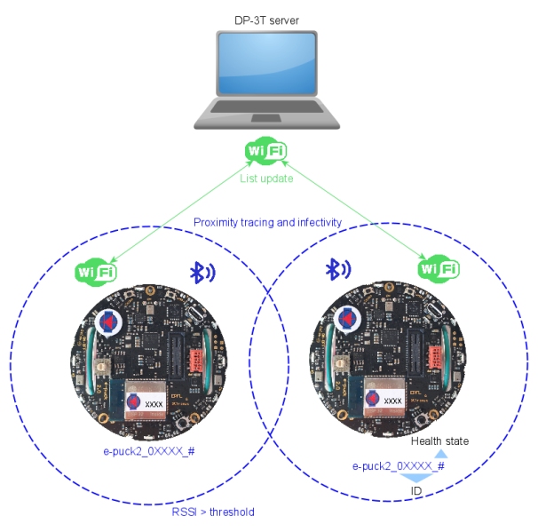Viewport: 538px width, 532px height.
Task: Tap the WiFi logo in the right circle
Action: [439, 267]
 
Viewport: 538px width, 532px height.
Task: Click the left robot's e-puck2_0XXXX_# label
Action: [149, 451]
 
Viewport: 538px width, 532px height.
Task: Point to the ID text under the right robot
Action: [414, 491]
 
